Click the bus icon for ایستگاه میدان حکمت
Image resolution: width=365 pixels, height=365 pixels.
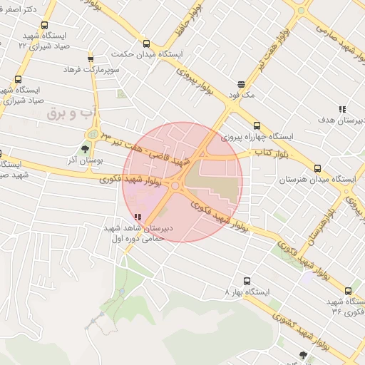coord(146,43)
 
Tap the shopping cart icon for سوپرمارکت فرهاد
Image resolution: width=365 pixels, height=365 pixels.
coord(91,59)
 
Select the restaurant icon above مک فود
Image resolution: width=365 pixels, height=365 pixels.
coord(242,83)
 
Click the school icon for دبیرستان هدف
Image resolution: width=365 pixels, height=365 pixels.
coord(342,110)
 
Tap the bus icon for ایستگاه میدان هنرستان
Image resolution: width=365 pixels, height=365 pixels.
coord(317,169)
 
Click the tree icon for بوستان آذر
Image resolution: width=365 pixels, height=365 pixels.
coord(86,149)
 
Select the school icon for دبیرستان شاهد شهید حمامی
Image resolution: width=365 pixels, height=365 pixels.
coord(138,217)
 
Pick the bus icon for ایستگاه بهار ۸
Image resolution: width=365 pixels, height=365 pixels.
coord(247,281)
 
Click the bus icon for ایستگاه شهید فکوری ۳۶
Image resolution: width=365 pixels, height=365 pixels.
coord(349,291)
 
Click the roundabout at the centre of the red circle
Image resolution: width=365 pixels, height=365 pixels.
coord(175,186)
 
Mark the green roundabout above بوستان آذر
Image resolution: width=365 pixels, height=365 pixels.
coord(91,134)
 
